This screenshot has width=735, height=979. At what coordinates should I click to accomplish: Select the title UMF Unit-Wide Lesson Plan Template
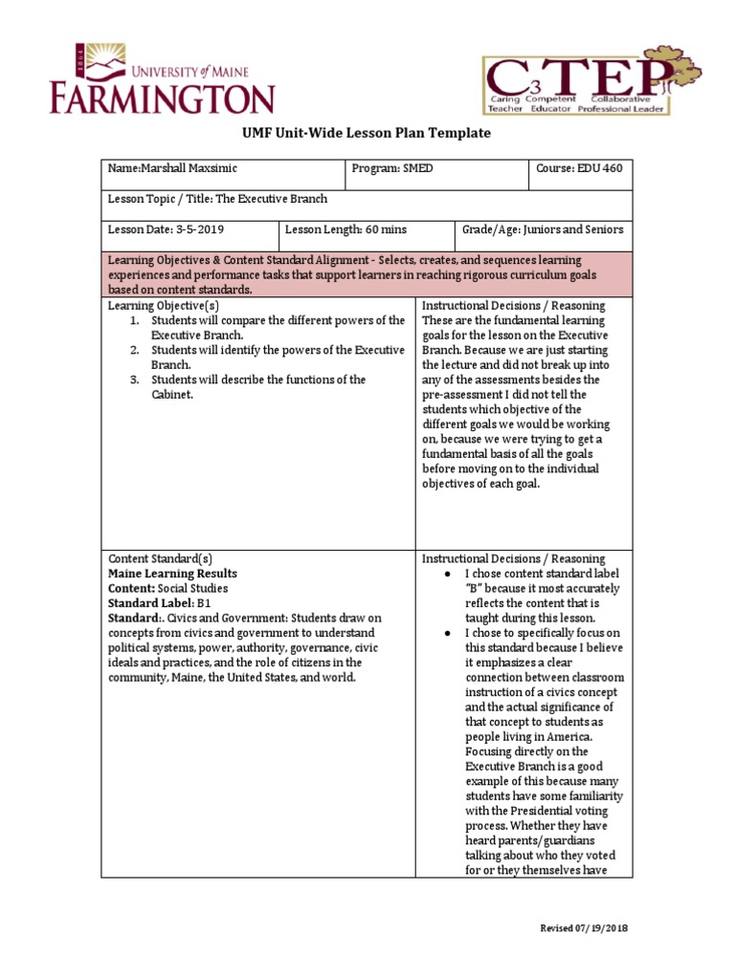tap(367, 133)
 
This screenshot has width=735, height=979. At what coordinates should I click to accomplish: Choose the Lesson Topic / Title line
tap(218, 199)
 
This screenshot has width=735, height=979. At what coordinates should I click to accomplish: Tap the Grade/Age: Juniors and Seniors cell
tap(543, 229)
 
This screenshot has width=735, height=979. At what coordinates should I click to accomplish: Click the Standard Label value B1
tap(203, 603)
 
